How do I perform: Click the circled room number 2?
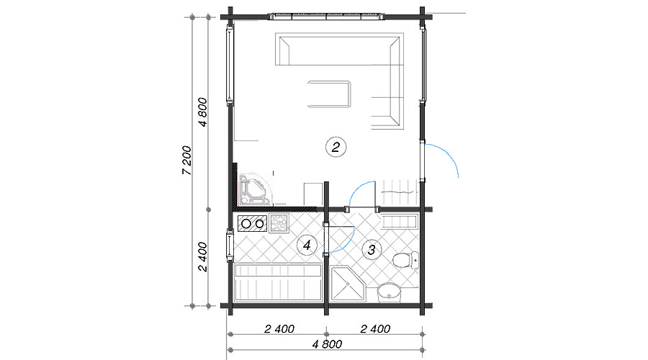click(336, 147)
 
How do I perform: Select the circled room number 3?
click(372, 250)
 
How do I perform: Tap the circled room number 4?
click(307, 245)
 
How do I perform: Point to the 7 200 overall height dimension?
click(186, 160)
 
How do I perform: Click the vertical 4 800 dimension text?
click(202, 112)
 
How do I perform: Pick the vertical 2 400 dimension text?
click(202, 256)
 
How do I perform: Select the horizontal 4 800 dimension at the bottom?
click(327, 344)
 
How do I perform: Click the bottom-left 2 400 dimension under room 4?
click(279, 329)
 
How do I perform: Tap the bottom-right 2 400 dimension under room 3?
click(375, 329)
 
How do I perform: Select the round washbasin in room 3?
click(390, 291)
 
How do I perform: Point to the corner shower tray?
click(348, 284)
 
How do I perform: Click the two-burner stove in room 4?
click(253, 224)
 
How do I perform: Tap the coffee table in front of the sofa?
click(329, 94)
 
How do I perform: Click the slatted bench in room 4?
click(278, 282)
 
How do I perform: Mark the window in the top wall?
click(326, 17)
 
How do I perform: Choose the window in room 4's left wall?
click(230, 246)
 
